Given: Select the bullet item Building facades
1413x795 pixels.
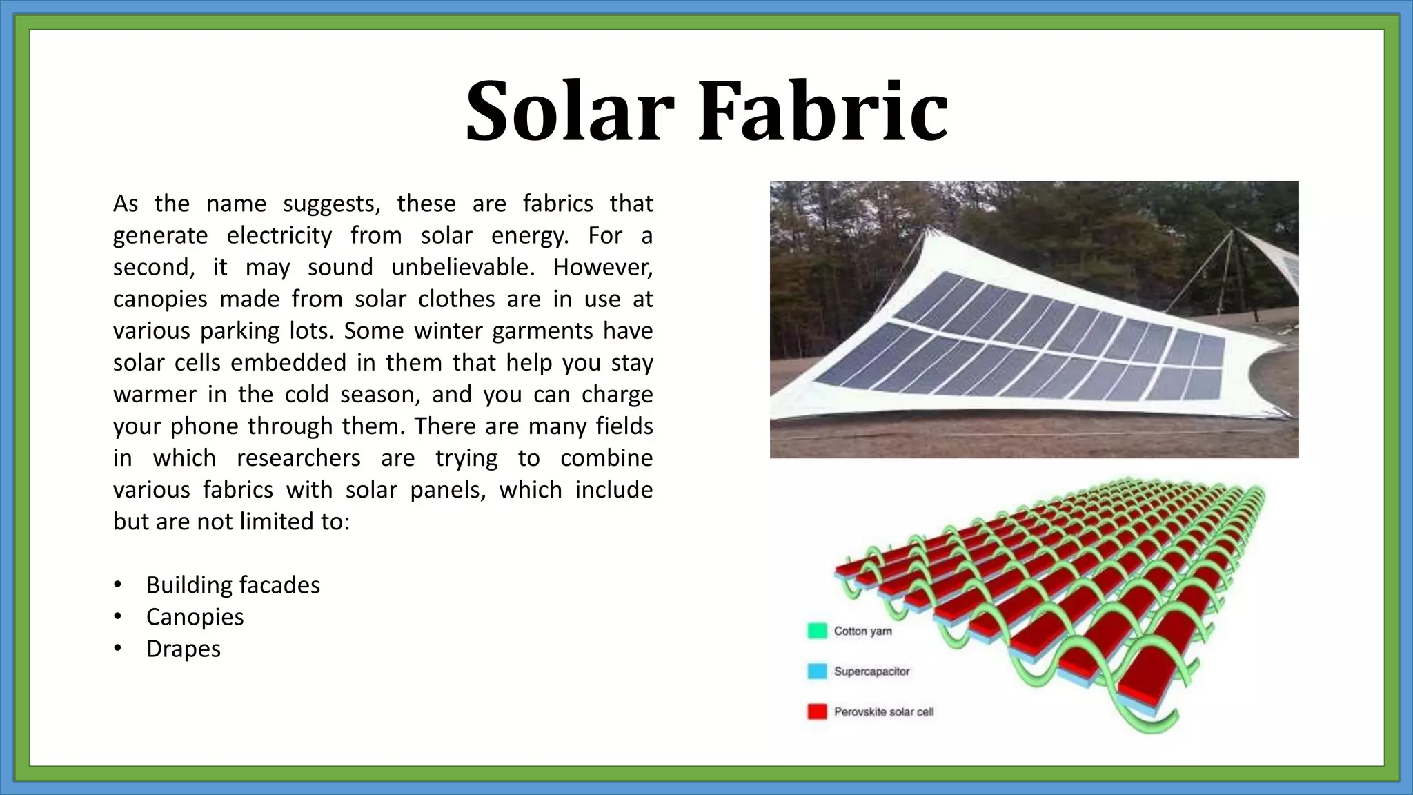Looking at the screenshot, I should point(233,585).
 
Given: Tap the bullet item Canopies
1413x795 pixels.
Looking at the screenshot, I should point(195,617).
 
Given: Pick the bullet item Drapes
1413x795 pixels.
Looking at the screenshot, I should point(183,649).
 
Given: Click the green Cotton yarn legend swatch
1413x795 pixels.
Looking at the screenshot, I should point(817,631).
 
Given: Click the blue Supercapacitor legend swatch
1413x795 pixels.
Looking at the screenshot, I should point(817,671).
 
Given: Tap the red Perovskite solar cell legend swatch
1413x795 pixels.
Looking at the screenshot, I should point(817,711).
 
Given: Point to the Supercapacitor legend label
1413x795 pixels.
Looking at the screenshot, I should point(871,671).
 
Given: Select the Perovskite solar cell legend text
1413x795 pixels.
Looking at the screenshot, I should point(883,711).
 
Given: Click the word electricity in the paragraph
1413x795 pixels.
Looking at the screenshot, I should point(279,235).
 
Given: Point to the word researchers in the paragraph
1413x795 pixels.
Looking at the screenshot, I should point(298,458).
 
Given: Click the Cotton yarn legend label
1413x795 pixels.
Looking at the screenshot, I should point(862,631).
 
